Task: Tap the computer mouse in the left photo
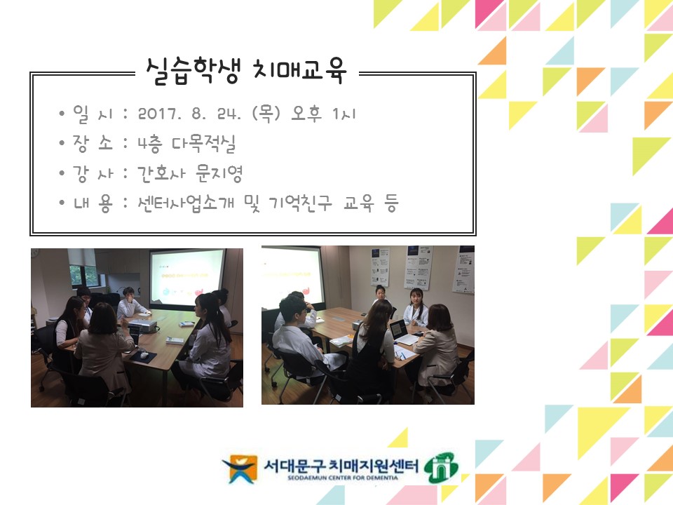coord(144,355)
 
